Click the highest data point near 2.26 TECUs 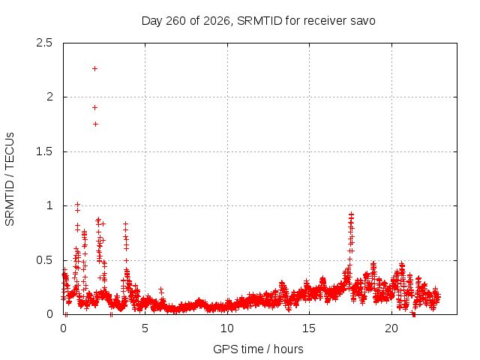[95, 68]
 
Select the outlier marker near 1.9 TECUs [95, 107]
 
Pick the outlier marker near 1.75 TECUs [95, 124]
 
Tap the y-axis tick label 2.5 [44, 43]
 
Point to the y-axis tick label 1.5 [44, 151]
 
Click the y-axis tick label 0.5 [44, 260]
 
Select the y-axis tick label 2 [49, 97]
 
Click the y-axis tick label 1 [49, 205]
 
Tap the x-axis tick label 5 [145, 328]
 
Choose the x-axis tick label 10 [227, 328]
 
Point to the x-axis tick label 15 [309, 328]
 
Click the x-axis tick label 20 [391, 328]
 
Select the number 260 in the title [175, 21]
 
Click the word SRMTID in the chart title [259, 21]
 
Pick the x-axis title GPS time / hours [258, 349]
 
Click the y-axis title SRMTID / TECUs [10, 179]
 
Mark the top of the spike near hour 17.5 [351, 214]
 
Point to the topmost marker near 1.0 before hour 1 [77, 204]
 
